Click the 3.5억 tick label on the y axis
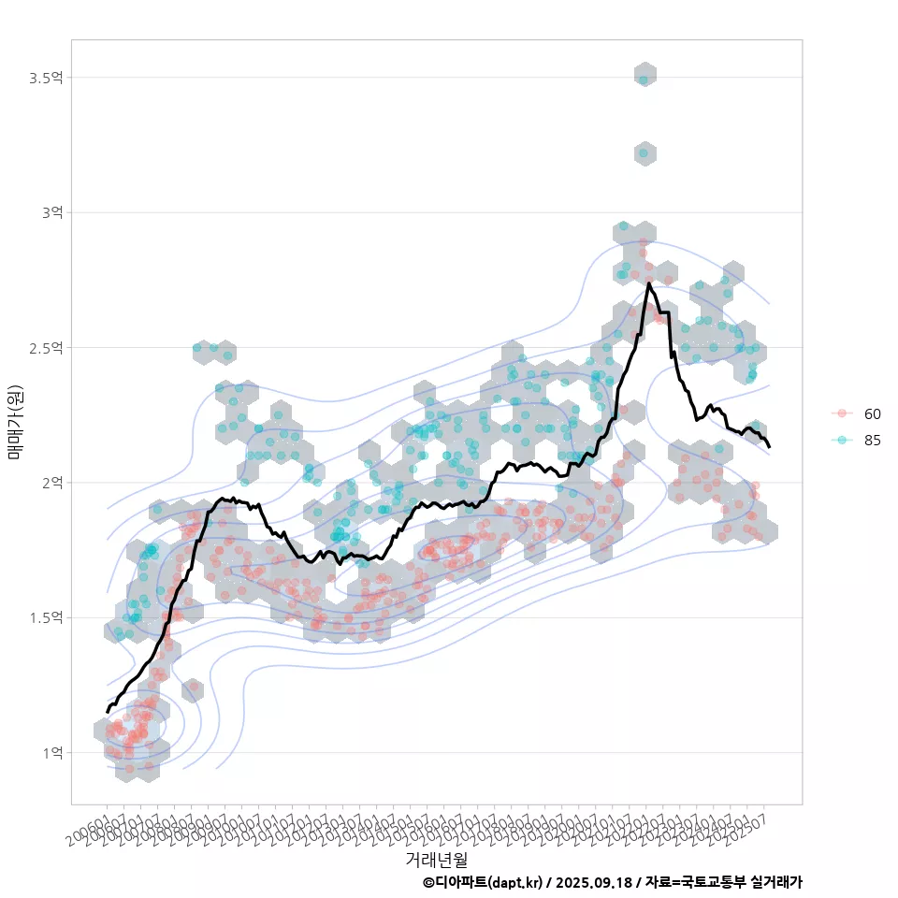(46, 78)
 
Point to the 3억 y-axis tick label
(51, 212)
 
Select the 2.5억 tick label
(46, 348)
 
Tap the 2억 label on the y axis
(51, 483)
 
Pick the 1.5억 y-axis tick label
(46, 617)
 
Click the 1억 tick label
(51, 753)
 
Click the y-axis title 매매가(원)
(15, 422)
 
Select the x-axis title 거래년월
(436, 859)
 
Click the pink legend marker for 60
(842, 413)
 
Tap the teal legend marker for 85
(842, 441)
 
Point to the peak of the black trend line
(648, 283)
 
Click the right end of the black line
(769, 447)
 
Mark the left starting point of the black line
(108, 712)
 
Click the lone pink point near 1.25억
(194, 688)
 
